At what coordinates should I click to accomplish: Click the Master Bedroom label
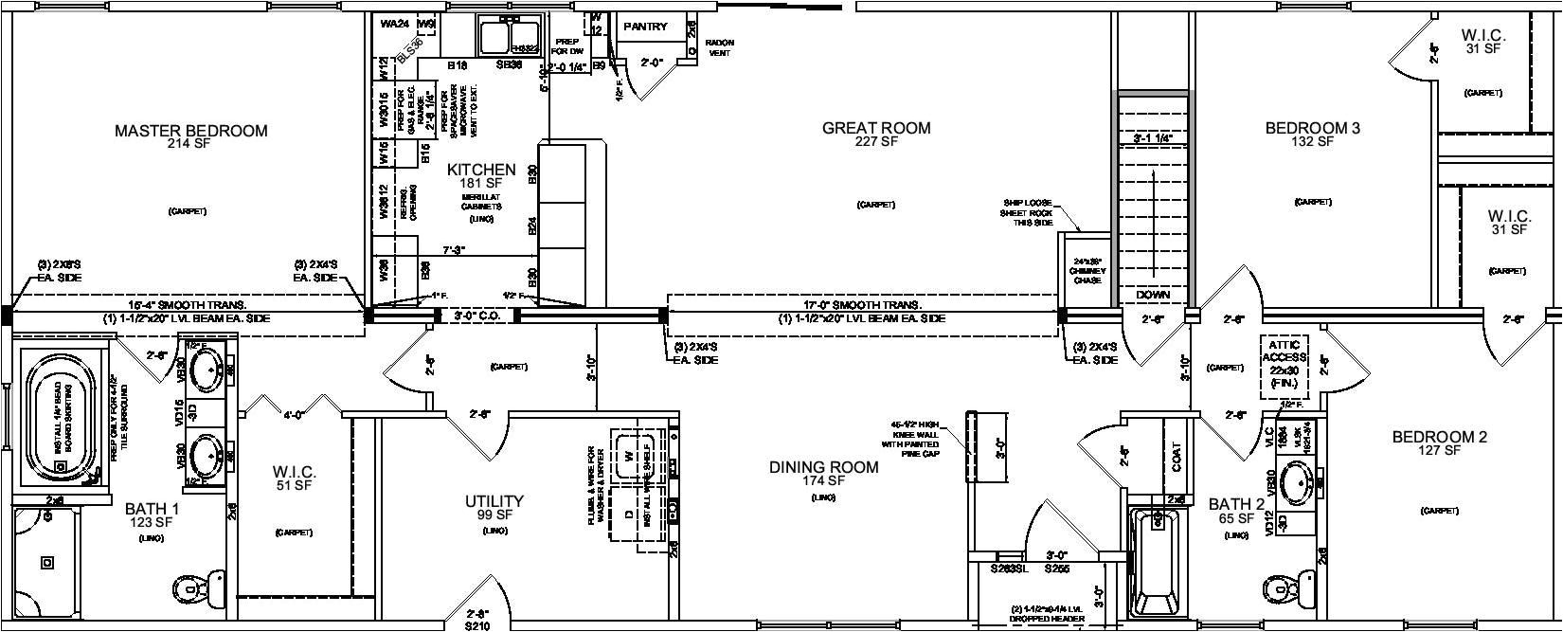(190, 131)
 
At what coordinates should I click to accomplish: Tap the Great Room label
(875, 128)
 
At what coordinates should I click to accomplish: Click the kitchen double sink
(509, 38)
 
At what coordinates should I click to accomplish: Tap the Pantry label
(645, 27)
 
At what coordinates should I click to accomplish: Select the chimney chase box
(1083, 270)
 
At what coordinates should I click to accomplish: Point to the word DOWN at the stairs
(1153, 296)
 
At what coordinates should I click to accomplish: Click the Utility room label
(494, 501)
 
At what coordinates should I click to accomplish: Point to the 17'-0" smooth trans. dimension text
(861, 305)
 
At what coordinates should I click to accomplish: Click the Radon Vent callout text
(720, 48)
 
